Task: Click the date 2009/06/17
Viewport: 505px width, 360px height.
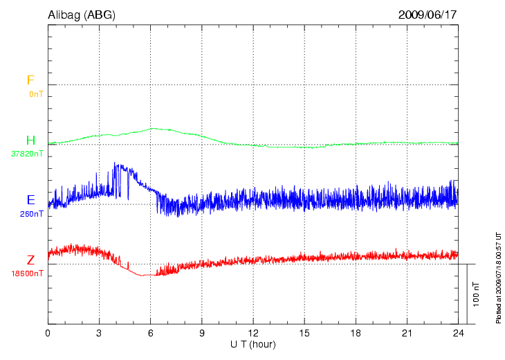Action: [x=428, y=15]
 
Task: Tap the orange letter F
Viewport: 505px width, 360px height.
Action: [x=30, y=80]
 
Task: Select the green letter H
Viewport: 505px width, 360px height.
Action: [x=30, y=141]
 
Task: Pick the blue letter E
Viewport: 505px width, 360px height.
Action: [x=30, y=200]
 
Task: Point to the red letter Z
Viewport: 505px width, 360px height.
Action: [x=30, y=260]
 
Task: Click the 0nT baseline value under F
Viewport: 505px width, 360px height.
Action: [x=36, y=93]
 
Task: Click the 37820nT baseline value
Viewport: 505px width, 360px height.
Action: [x=28, y=154]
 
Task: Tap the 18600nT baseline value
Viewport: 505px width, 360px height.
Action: [x=28, y=273]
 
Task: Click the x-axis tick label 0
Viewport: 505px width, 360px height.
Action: [x=48, y=333]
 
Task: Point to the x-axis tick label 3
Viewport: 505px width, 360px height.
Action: [x=99, y=333]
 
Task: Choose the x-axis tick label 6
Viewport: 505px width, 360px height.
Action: [x=151, y=333]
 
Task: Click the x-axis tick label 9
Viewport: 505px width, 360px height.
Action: [x=202, y=333]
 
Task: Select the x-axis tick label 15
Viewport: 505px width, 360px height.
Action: [x=304, y=333]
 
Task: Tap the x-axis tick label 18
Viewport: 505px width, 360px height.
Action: [x=356, y=333]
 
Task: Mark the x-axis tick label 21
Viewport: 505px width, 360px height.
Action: [x=407, y=333]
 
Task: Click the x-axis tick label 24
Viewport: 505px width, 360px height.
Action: [x=458, y=333]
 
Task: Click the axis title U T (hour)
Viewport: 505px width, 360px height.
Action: [x=253, y=344]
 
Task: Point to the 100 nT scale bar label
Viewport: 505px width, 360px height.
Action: [x=476, y=294]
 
